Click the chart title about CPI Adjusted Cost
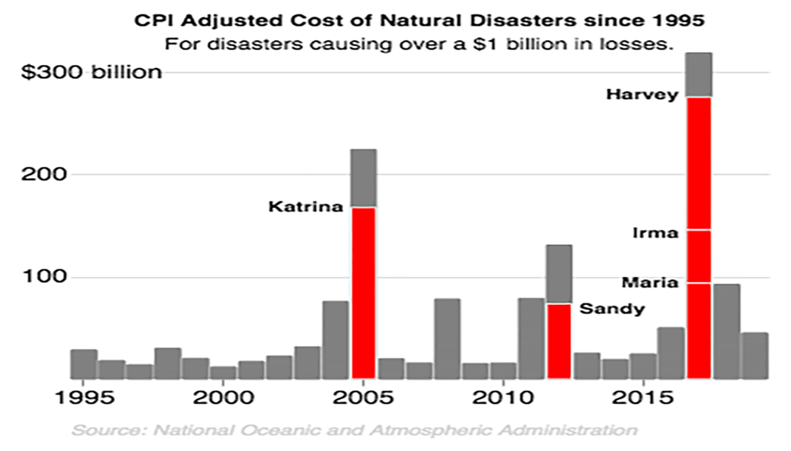pos(419,20)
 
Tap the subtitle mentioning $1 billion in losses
pos(419,44)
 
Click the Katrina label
pos(306,206)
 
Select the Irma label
pos(655,233)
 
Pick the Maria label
pos(649,283)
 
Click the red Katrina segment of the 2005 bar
pos(364,291)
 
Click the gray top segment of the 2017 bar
pos(699,74)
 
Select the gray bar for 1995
pos(83,364)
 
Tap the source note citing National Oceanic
pos(354,431)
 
